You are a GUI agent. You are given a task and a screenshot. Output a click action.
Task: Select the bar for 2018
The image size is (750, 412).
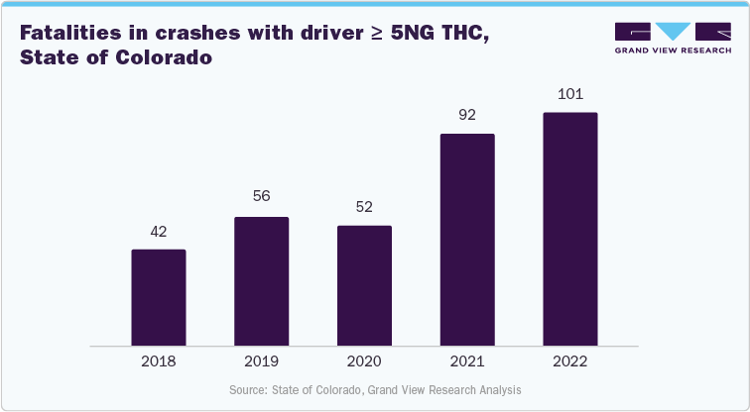pyautogui.click(x=159, y=297)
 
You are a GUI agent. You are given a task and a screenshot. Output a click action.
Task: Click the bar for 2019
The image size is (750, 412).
pyautogui.click(x=261, y=281)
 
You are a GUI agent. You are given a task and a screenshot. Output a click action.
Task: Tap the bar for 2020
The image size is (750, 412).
pyautogui.click(x=364, y=285)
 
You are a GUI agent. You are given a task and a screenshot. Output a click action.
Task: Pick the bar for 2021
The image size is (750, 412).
pyautogui.click(x=467, y=240)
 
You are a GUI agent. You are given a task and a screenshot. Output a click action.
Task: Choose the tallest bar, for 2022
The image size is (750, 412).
pyautogui.click(x=570, y=229)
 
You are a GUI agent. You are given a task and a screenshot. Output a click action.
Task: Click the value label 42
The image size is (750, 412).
pyautogui.click(x=159, y=231)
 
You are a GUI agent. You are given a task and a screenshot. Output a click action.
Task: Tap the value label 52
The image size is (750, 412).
pyautogui.click(x=364, y=208)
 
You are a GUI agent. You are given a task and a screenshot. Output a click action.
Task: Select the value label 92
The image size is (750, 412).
pyautogui.click(x=467, y=116)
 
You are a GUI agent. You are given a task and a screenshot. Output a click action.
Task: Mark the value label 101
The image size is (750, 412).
pyautogui.click(x=570, y=95)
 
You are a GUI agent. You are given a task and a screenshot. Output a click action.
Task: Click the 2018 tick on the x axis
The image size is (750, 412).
pyautogui.click(x=159, y=362)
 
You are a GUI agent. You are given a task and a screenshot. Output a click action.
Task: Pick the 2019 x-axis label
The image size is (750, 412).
pyautogui.click(x=261, y=362)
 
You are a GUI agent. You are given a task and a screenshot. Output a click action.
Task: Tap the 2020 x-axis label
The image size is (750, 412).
pyautogui.click(x=364, y=362)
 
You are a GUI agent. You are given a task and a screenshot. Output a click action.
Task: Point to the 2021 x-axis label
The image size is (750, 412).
pyautogui.click(x=467, y=362)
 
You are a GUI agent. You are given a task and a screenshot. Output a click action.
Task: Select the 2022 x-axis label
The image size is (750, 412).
pyautogui.click(x=570, y=362)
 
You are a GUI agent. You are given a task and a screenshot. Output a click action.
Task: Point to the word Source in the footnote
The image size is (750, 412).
pyautogui.click(x=250, y=390)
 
